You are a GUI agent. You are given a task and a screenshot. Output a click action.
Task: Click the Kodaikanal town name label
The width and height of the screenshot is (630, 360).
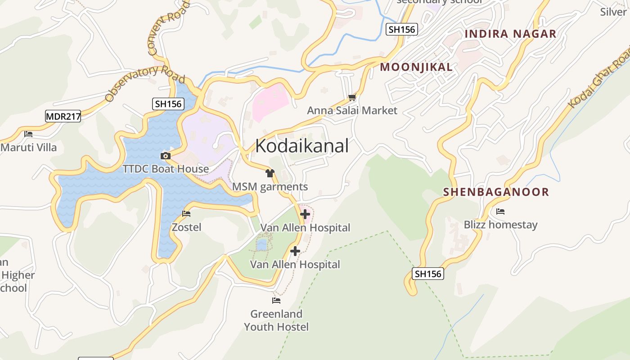click(x=302, y=146)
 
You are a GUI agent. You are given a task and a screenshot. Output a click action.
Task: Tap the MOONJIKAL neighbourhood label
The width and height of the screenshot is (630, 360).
click(x=416, y=67)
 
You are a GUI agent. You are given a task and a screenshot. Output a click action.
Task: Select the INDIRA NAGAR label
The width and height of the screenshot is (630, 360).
click(x=510, y=34)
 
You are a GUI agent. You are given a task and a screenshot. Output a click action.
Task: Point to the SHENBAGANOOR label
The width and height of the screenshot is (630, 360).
click(x=496, y=192)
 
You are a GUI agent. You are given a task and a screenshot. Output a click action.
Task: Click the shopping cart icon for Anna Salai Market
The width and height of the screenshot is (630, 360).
click(x=352, y=97)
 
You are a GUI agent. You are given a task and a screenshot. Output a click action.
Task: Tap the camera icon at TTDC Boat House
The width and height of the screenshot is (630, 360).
click(x=166, y=156)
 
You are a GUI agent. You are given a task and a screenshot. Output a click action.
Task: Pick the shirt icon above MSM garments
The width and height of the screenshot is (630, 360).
click(x=270, y=173)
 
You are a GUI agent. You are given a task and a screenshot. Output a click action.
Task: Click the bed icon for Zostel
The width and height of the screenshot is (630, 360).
click(x=186, y=213)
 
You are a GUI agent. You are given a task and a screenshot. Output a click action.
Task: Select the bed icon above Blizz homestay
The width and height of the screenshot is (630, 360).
click(x=500, y=211)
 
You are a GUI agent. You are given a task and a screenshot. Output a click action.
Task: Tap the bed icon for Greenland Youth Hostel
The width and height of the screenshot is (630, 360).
click(x=276, y=300)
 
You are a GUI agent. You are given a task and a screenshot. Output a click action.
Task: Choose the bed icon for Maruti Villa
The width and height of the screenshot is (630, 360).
click(x=28, y=134)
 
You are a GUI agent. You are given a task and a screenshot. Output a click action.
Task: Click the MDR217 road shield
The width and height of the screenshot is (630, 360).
click(x=63, y=117)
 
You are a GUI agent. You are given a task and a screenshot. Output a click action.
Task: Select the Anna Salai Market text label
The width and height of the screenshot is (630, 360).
click(x=352, y=110)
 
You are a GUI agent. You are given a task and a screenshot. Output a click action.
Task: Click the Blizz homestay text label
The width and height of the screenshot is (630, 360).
click(x=500, y=225)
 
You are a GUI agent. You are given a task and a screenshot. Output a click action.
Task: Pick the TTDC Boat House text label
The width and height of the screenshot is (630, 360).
click(x=166, y=169)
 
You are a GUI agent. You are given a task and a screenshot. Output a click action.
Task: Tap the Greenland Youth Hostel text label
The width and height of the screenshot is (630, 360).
click(x=276, y=320)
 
